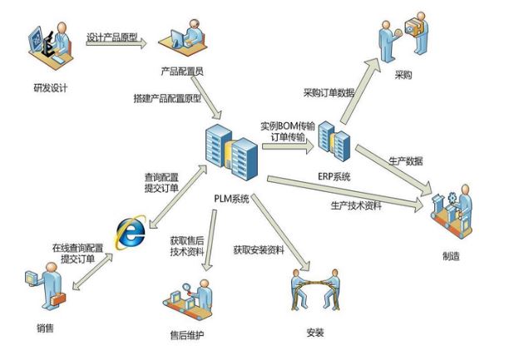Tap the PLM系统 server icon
pos(230,152)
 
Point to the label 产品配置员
pos(182,71)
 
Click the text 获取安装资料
pos(256,249)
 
